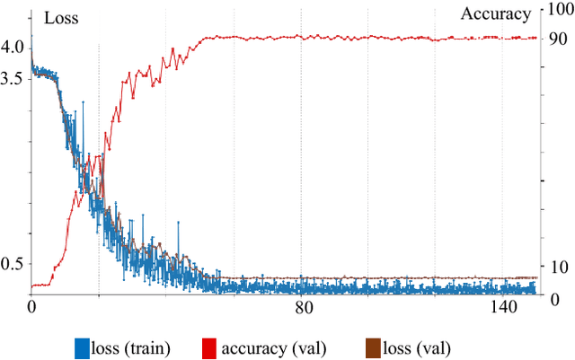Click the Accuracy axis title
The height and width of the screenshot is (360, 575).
pos(496,13)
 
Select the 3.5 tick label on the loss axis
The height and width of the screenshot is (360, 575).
pos(17,78)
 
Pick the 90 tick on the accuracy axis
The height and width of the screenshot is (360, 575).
pos(556,39)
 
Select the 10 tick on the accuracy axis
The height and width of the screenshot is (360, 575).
pos(556,267)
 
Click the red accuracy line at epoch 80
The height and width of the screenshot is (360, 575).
pos(302,37)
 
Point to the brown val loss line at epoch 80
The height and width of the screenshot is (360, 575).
pos(302,278)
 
